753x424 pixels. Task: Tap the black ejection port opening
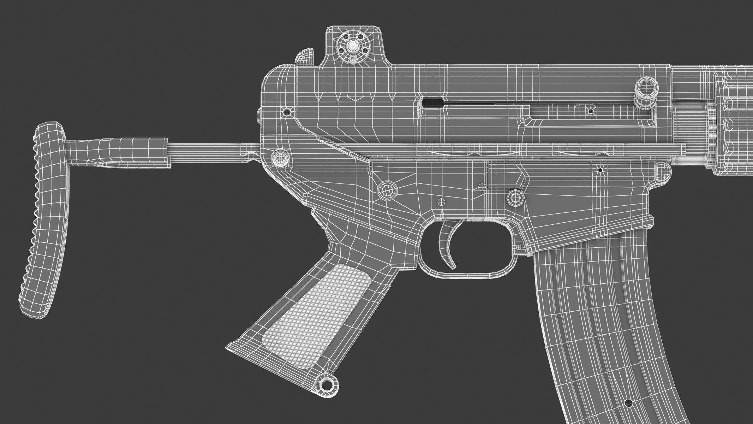[x=434, y=102]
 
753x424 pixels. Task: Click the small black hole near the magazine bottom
[x=628, y=402]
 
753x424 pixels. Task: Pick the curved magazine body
[x=593, y=318]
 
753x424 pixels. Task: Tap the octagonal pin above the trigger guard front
[x=515, y=198]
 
